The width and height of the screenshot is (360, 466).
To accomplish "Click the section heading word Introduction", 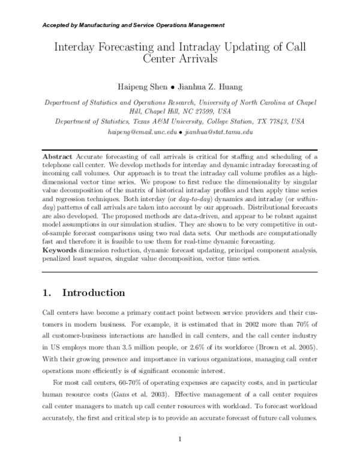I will click(94, 294).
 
